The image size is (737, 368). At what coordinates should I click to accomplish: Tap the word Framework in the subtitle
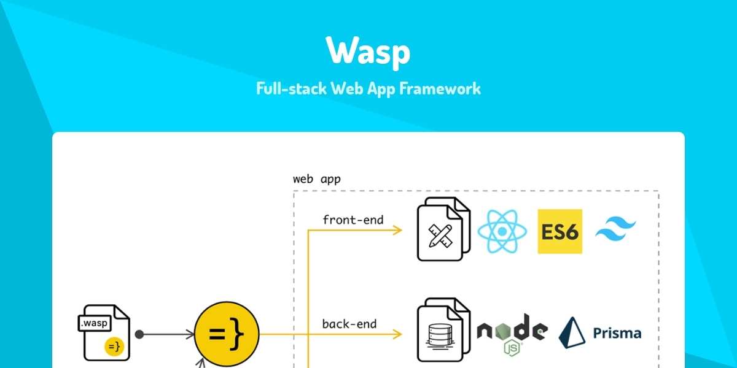click(x=440, y=88)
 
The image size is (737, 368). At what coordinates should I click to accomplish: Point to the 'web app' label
click(x=316, y=180)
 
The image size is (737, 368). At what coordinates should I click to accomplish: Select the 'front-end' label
click(x=353, y=219)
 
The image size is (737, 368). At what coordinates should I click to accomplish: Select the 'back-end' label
click(x=349, y=323)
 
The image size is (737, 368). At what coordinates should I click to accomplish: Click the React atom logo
click(x=502, y=231)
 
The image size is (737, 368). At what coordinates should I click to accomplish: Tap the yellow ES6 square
click(x=560, y=231)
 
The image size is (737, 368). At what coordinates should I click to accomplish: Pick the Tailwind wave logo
click(x=617, y=231)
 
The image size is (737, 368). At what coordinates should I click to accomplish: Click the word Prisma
click(x=617, y=334)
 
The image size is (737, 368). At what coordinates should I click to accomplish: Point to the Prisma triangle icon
click(x=571, y=333)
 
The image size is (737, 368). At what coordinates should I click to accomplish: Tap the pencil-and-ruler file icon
click(x=442, y=232)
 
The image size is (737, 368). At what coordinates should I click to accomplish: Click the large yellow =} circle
click(x=227, y=334)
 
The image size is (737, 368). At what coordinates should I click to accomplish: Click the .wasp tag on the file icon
click(x=95, y=323)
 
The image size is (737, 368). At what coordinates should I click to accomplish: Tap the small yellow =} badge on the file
click(x=114, y=347)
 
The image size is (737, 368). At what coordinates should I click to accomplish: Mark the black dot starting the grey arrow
click(x=139, y=334)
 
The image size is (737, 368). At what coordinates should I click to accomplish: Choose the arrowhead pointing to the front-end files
click(x=397, y=231)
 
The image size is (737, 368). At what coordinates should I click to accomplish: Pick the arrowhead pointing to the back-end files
click(x=397, y=334)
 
